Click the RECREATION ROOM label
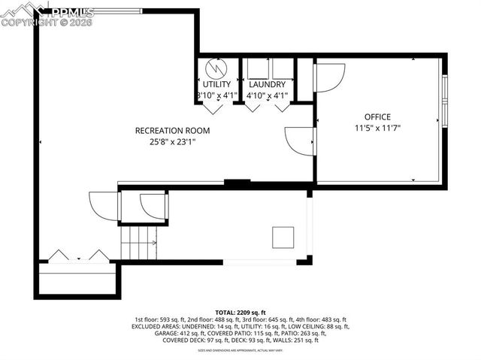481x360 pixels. point(172,130)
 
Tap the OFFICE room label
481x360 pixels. point(377,116)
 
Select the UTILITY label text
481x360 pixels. point(217,84)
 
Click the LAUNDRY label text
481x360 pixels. point(267,84)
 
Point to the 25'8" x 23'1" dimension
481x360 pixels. point(172,141)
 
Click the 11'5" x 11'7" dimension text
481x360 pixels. point(377,129)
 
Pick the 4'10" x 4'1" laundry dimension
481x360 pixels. point(267,95)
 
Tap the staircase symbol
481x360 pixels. point(138,243)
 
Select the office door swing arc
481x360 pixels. point(329,76)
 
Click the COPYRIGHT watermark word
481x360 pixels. point(28,22)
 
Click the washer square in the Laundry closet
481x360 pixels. point(256,68)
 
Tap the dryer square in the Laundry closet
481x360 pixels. point(279,68)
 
